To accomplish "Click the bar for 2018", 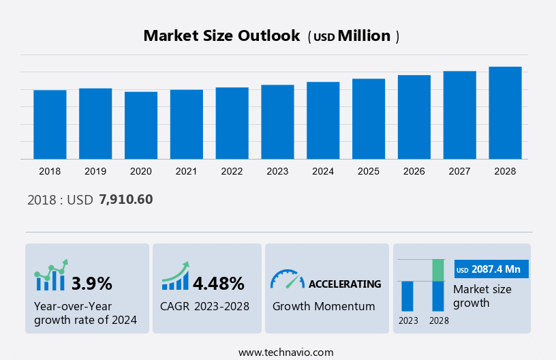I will [x=50, y=124].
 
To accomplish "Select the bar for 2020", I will [x=141, y=125].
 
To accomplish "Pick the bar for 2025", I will [x=369, y=119].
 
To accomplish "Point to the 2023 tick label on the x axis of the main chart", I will [x=277, y=171].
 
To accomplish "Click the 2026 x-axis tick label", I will [x=414, y=171].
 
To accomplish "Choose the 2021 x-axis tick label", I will [x=187, y=171].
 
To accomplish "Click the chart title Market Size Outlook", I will [x=221, y=36].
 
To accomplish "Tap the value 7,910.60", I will [x=126, y=199].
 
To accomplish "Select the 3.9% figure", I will [x=92, y=283].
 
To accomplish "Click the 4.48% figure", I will [x=218, y=283].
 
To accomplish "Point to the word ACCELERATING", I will [x=345, y=284].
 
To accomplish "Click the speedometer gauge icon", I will [x=287, y=279].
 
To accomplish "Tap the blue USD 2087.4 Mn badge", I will [x=491, y=269].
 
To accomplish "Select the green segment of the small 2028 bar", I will [x=438, y=270].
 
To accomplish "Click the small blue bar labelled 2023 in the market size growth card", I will [x=407, y=296].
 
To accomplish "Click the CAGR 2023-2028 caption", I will [x=204, y=306].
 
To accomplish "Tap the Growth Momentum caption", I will [x=324, y=306].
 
